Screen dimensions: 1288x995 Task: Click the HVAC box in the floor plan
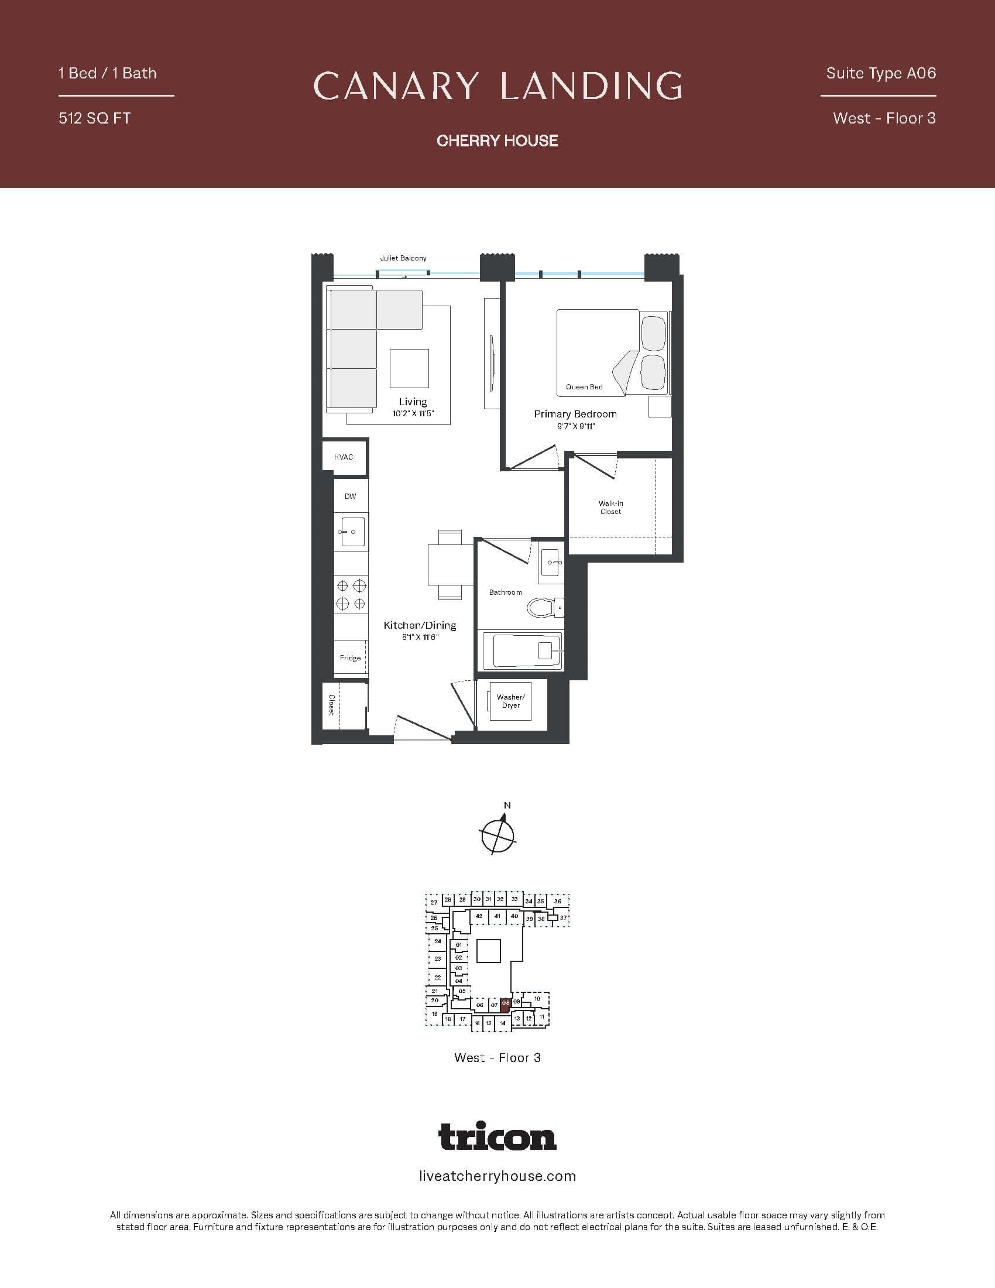point(344,457)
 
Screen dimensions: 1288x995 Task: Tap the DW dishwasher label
point(350,496)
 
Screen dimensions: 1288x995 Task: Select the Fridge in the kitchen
point(350,657)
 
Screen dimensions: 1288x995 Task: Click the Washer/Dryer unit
point(510,701)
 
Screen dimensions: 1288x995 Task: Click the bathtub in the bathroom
point(521,651)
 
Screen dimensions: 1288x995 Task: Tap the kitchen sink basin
point(352,532)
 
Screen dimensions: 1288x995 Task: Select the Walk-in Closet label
point(610,507)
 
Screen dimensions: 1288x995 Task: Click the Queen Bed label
point(584,387)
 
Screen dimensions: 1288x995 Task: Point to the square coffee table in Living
point(409,369)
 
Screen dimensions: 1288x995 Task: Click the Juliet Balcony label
point(403,258)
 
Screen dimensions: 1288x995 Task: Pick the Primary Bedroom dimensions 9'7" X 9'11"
point(576,426)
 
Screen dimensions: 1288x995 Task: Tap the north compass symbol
point(498,834)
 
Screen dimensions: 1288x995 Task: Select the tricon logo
point(497,1136)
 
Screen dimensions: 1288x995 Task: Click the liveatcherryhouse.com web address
point(497,1177)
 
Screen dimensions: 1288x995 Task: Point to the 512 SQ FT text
point(94,118)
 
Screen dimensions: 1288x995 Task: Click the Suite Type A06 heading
point(881,73)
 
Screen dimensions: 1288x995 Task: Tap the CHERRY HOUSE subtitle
point(497,141)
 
